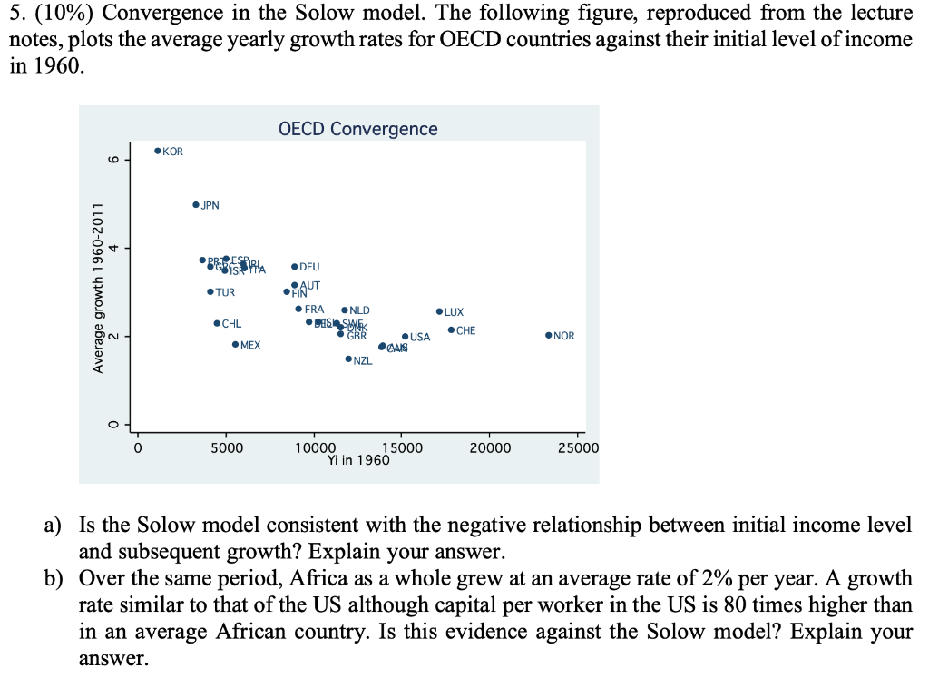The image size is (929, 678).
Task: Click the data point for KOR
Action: [x=158, y=151]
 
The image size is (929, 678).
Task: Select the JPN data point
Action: [x=196, y=205]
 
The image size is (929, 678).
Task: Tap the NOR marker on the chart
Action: [x=549, y=336]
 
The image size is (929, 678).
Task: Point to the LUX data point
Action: [x=439, y=311]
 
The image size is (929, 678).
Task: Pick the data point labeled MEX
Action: [x=235, y=345]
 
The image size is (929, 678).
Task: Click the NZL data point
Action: [x=348, y=359]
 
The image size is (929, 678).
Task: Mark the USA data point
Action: [x=405, y=337]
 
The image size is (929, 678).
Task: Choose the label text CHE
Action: [x=465, y=330]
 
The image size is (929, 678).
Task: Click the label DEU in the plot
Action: [x=309, y=267]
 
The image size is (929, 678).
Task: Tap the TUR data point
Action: [x=210, y=292]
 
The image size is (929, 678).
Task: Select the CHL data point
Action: [x=216, y=323]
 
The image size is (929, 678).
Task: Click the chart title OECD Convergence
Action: [x=357, y=129]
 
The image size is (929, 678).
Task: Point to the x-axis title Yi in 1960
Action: [x=358, y=460]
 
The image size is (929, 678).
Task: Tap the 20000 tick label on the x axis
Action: [x=490, y=448]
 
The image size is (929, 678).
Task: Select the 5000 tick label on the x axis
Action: [x=226, y=448]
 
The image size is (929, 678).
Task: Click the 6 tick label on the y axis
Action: [x=112, y=160]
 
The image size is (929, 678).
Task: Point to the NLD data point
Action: [x=345, y=310]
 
